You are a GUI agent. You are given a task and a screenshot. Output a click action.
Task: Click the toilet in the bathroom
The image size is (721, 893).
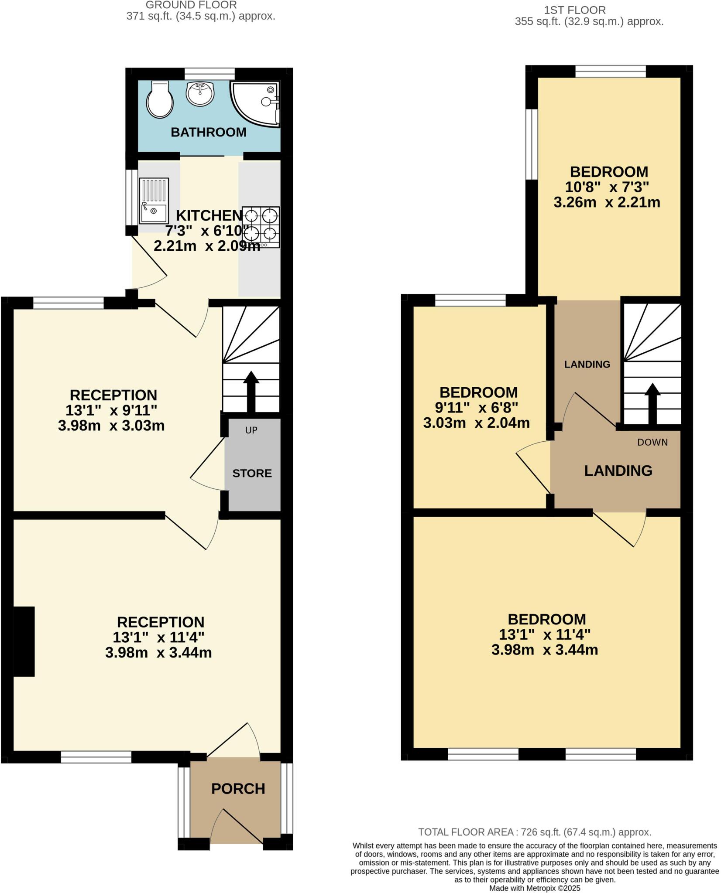click(160, 101)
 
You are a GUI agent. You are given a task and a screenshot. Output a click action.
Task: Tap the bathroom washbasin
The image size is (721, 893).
click(200, 93)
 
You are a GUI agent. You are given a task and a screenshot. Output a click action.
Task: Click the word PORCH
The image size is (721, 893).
click(238, 788)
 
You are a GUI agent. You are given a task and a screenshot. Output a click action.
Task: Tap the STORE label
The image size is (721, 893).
click(252, 473)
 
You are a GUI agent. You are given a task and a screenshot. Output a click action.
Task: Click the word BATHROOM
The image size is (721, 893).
click(208, 132)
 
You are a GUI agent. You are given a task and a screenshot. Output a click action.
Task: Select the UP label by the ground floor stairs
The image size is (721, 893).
click(251, 430)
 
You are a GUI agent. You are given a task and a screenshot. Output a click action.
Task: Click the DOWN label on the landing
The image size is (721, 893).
click(652, 442)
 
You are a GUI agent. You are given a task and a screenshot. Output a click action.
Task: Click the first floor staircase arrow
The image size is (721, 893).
click(652, 403)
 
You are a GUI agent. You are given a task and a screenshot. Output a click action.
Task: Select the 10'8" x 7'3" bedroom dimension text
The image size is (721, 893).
click(607, 187)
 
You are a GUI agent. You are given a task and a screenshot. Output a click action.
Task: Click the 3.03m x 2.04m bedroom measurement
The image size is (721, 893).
click(476, 423)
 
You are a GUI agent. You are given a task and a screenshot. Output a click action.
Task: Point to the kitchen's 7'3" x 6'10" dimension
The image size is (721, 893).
click(207, 230)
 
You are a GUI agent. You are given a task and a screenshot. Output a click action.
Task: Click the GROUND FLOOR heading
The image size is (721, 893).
click(191, 5)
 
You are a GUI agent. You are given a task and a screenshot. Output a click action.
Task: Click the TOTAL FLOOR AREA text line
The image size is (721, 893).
click(535, 832)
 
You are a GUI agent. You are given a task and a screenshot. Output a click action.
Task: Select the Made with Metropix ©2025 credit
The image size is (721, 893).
click(535, 888)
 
